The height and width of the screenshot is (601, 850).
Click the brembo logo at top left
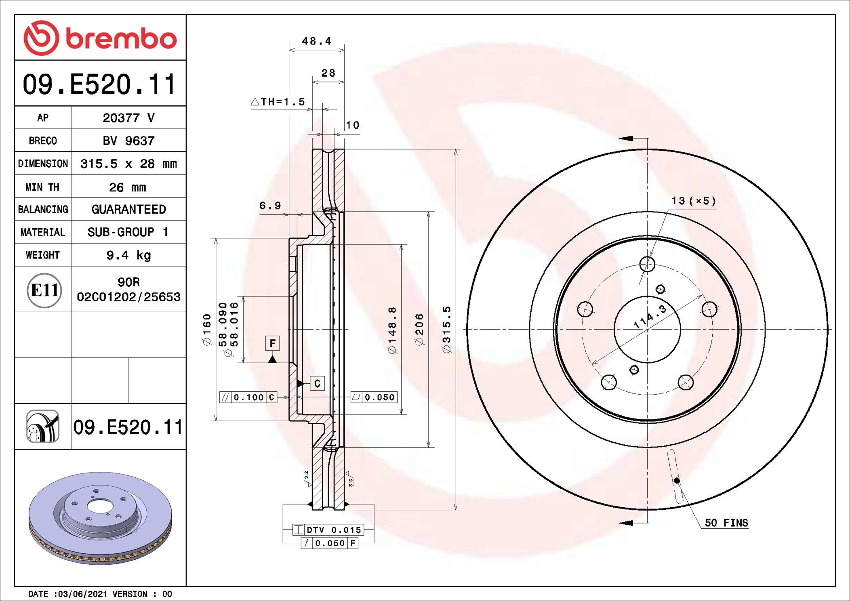tap(100, 38)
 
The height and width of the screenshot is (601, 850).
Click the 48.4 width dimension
tap(316, 41)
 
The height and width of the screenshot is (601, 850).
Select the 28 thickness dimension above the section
tap(328, 73)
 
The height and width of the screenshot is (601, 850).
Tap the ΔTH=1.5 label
tap(278, 102)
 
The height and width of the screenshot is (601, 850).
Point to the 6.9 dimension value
tap(270, 206)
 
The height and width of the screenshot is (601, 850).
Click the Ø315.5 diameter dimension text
tap(446, 329)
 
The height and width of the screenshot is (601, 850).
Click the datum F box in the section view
tap(272, 343)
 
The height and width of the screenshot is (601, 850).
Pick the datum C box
tap(317, 383)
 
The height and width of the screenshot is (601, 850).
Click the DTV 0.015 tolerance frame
tap(328, 530)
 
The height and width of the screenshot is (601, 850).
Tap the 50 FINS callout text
tap(726, 523)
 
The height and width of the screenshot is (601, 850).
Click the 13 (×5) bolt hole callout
tap(693, 201)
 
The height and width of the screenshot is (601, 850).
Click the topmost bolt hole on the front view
tap(647, 264)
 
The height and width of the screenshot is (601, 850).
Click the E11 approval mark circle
tap(44, 290)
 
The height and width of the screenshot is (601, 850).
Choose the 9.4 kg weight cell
tap(128, 255)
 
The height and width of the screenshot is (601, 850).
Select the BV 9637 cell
tap(128, 141)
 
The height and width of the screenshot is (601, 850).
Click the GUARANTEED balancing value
tap(128, 209)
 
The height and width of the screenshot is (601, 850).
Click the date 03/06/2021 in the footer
tap(82, 594)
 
